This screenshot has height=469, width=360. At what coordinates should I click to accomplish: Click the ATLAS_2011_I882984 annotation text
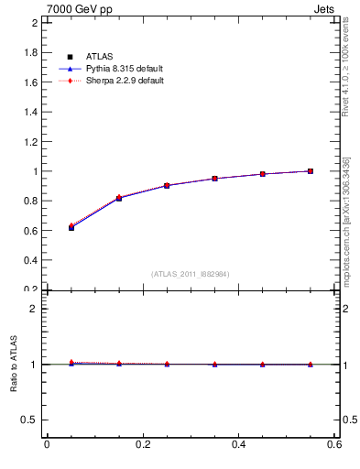pos(191,274)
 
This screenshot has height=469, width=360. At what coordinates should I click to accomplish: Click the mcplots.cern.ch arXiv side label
pos(345,220)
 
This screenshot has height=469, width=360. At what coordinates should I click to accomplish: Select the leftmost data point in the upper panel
pos(71,227)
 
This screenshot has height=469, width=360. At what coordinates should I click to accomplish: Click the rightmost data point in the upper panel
pos(311,171)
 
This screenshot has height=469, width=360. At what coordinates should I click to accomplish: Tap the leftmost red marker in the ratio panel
pos(71,362)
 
